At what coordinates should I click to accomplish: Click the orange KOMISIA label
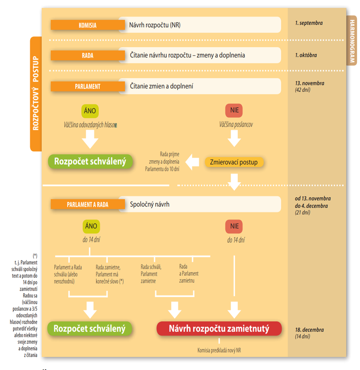pyautogui.click(x=87, y=25)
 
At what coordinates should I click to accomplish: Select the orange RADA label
pyautogui.click(x=87, y=55)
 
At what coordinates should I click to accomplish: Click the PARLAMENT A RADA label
pyautogui.click(x=87, y=204)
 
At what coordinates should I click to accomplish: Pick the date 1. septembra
pyautogui.click(x=309, y=23)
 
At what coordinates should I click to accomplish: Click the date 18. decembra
pyautogui.click(x=309, y=330)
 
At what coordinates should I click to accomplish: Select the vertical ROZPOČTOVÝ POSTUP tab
pyautogui.click(x=36, y=93)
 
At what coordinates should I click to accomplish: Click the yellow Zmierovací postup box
pyautogui.click(x=234, y=162)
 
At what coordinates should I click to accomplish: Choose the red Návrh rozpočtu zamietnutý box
pyautogui.click(x=219, y=329)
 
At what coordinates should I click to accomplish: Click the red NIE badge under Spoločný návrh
pyautogui.click(x=234, y=227)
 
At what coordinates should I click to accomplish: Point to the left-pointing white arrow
pyautogui.click(x=192, y=162)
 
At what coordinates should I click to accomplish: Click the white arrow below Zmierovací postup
pyautogui.click(x=234, y=182)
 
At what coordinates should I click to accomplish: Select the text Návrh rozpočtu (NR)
pyautogui.click(x=155, y=25)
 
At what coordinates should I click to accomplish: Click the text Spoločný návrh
pyautogui.click(x=149, y=204)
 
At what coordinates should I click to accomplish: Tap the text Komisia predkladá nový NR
pyautogui.click(x=219, y=350)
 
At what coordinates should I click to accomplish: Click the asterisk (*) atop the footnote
pyautogui.click(x=35, y=255)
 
